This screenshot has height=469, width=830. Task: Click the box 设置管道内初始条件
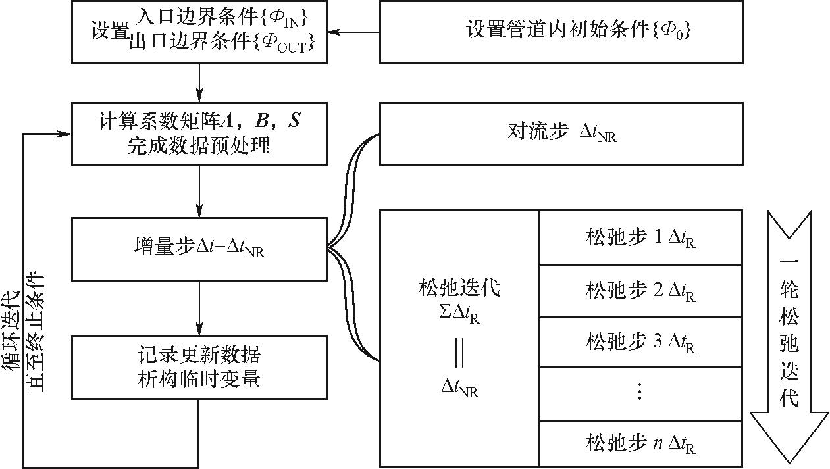tap(561, 32)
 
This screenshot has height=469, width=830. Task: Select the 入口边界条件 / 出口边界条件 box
tap(199, 32)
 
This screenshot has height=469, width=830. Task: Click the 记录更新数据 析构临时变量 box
tap(199, 367)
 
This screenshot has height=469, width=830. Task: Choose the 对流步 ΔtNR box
tap(561, 133)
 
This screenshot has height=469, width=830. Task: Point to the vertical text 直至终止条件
tap(34, 329)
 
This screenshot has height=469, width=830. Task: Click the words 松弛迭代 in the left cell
tap(459, 287)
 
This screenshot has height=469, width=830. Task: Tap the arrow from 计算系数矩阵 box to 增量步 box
tap(199, 191)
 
